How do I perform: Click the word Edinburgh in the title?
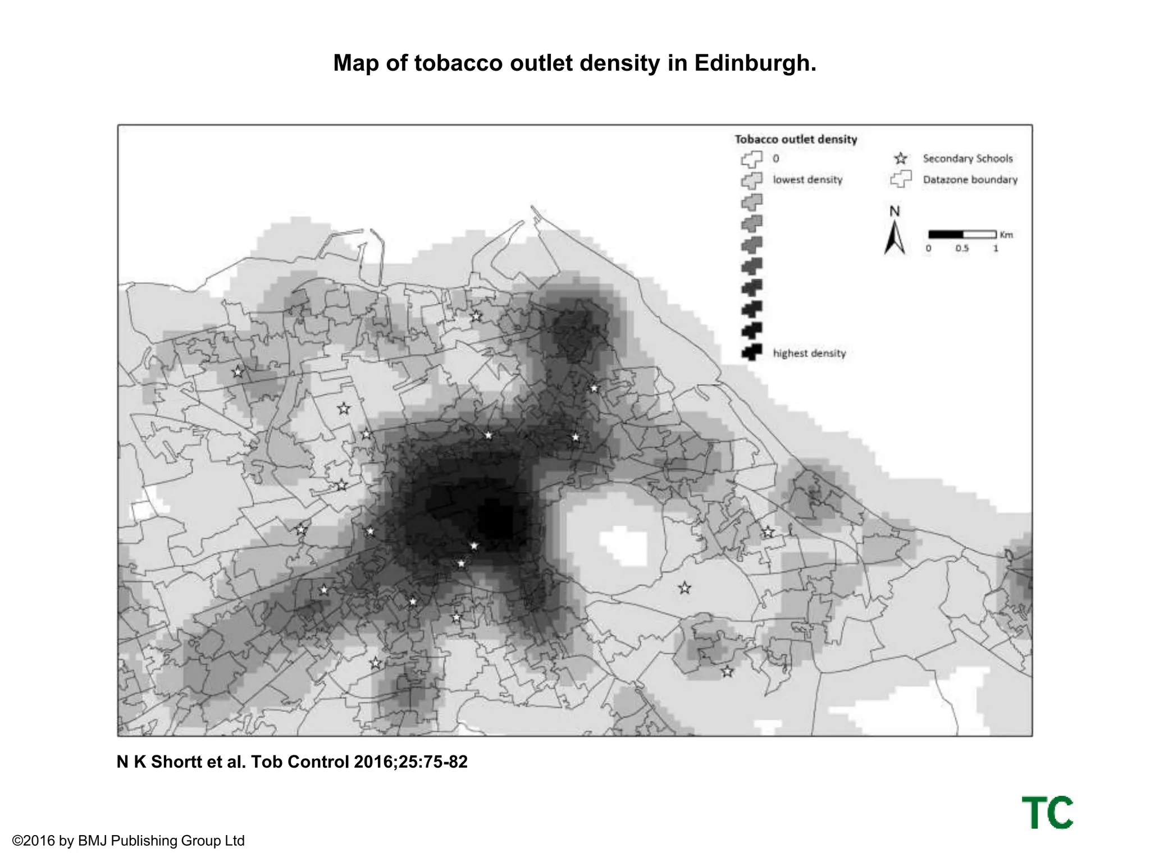755,63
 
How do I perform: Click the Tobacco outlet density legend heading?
796,139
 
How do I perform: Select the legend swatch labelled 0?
751,159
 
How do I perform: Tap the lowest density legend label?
807,180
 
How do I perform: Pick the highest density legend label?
809,353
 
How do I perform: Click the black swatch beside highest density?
751,352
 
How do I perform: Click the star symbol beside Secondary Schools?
901,159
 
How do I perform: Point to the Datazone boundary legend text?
970,180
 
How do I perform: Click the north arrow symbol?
895,239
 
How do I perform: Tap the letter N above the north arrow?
895,212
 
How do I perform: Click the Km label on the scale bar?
1006,235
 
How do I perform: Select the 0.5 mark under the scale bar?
962,249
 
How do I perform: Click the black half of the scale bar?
946,234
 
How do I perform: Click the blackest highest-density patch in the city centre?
496,522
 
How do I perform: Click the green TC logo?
1047,812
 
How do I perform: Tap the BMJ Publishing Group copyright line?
128,841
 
